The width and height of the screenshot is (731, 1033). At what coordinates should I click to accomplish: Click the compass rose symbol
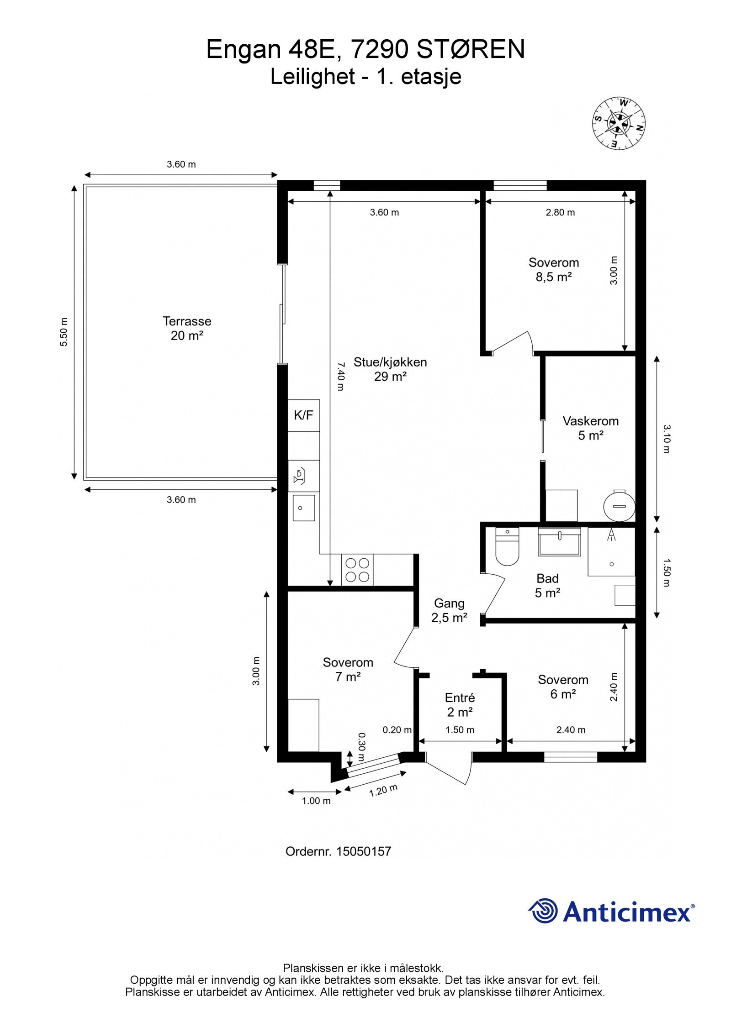point(619,123)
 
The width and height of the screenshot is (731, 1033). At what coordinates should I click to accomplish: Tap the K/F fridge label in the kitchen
point(303,415)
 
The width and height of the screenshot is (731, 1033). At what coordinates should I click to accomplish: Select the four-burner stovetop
point(357,570)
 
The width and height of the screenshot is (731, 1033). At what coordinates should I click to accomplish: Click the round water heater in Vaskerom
point(619,505)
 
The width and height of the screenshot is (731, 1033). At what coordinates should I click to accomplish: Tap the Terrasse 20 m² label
point(187,328)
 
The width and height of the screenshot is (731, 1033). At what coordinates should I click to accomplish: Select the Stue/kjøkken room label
point(390,369)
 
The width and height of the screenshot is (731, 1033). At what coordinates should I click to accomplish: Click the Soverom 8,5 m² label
point(554,269)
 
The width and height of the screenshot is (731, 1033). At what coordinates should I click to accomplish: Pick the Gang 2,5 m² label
point(449,610)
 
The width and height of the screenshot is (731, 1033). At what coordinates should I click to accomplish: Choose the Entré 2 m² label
point(460,705)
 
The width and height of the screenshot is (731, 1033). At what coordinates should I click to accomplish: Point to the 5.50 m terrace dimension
point(64,332)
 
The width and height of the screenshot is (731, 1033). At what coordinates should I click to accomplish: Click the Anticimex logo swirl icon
point(543,912)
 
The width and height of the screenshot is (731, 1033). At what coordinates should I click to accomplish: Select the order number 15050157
point(364,851)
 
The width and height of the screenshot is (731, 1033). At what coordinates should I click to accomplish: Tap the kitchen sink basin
point(303,508)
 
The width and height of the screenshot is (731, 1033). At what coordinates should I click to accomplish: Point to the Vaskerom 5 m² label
point(591,428)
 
